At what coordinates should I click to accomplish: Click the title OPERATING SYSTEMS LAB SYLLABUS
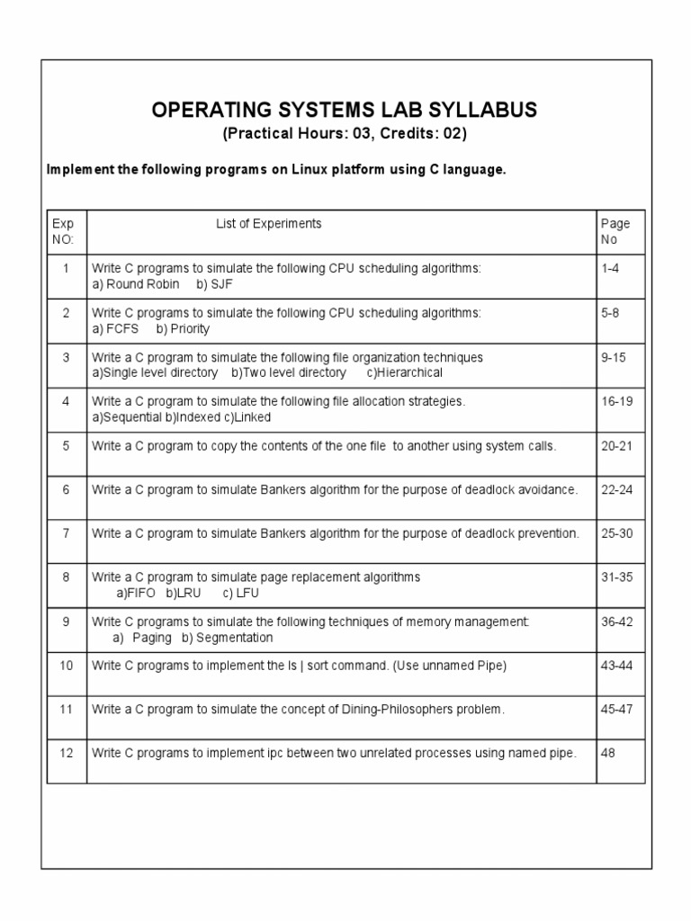tap(345, 110)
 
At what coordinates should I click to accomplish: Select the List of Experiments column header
tap(268, 224)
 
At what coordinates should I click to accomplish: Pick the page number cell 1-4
tap(610, 269)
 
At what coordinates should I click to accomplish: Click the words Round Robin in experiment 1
tap(143, 284)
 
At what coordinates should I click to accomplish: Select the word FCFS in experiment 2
tap(122, 328)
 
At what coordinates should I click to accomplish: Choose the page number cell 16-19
tap(616, 401)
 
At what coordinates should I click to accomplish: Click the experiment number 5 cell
tap(66, 446)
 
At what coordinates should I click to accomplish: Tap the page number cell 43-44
tap(616, 666)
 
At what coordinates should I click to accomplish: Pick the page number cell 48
tap(608, 753)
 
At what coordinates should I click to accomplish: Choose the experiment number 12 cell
tap(66, 753)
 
